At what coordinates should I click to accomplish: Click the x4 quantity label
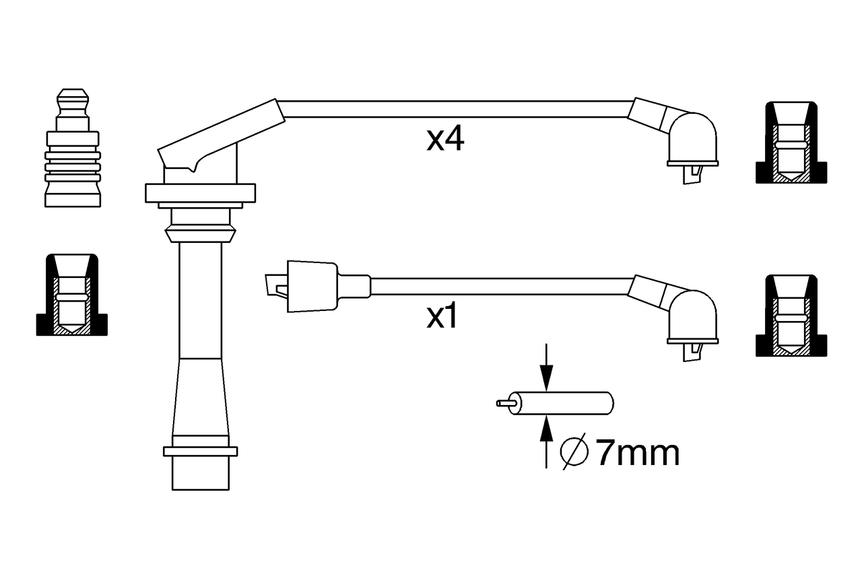click(x=445, y=139)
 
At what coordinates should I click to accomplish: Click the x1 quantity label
click(x=442, y=317)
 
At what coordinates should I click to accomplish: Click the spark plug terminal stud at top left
click(x=73, y=148)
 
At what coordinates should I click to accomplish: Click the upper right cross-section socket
click(x=791, y=143)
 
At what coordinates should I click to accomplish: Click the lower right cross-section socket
click(x=791, y=316)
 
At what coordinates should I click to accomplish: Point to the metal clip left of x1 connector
click(x=277, y=286)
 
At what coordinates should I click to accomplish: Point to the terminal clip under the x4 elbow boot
click(x=692, y=174)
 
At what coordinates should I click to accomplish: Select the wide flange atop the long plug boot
click(x=201, y=192)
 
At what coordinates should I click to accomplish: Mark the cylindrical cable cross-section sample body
click(x=562, y=403)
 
